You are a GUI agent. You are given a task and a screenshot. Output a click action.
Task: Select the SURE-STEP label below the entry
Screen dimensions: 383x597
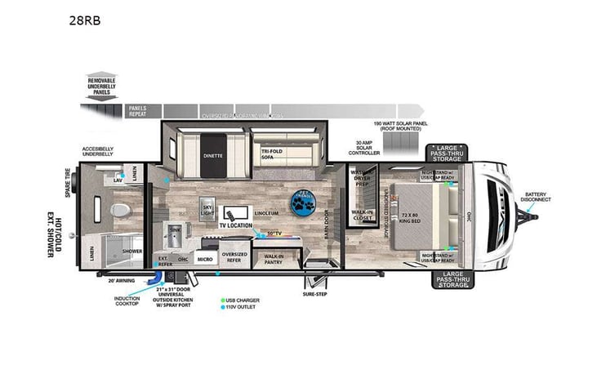click(314, 292)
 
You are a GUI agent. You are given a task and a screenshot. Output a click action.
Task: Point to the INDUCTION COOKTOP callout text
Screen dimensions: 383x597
click(127, 301)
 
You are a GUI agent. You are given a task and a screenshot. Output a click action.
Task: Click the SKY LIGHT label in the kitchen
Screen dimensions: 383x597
click(208, 210)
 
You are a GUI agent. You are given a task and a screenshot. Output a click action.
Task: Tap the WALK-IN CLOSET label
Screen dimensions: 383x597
click(363, 216)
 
